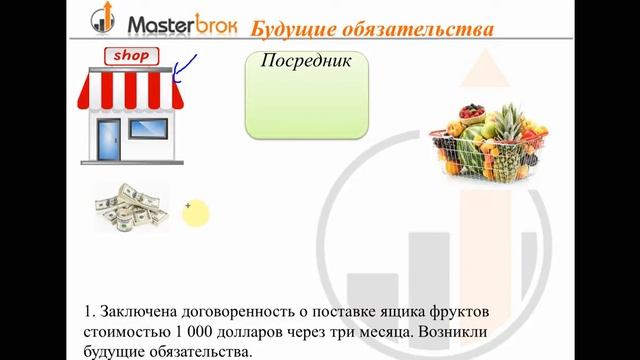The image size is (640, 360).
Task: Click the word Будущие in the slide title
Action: [x=290, y=27]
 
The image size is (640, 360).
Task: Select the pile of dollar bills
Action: [x=131, y=208]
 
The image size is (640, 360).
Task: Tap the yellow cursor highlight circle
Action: [x=195, y=212]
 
